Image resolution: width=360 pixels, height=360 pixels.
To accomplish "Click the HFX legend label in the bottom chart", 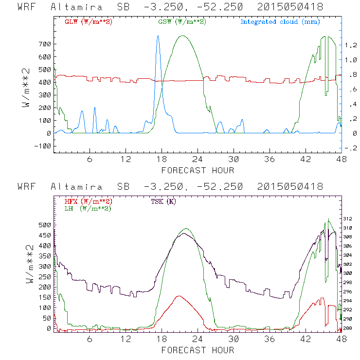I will [x=89, y=201].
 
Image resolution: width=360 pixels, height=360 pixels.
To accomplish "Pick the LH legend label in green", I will [x=88, y=208].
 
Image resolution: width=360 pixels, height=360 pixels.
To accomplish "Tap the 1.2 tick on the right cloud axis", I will [x=350, y=45].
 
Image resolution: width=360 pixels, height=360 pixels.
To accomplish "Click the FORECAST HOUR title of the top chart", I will [x=198, y=170].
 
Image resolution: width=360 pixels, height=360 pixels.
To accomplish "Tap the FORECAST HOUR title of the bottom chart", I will [x=198, y=350].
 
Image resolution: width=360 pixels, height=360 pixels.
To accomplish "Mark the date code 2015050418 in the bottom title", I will [x=288, y=187].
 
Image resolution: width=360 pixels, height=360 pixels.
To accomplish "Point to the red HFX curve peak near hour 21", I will [x=179, y=296].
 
